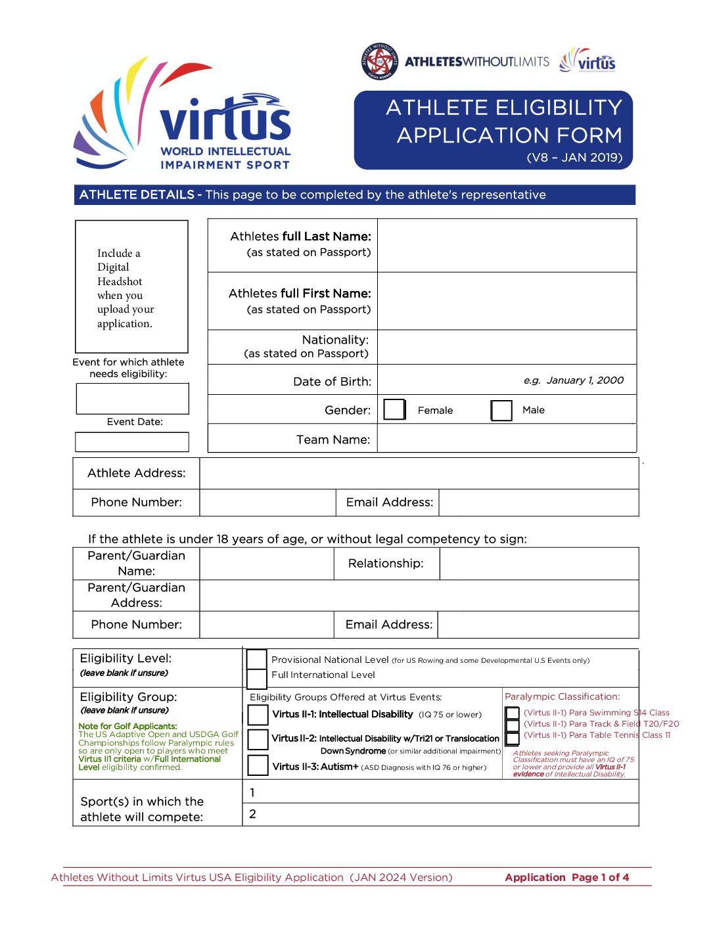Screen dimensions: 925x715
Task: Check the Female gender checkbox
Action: click(x=394, y=409)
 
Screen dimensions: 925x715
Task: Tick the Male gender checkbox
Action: click(x=501, y=410)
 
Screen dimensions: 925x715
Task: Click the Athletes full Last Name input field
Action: click(x=507, y=245)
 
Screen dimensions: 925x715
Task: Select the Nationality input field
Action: click(x=507, y=347)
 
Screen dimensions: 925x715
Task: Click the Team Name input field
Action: click(x=507, y=439)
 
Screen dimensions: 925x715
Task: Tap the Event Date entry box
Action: click(x=132, y=441)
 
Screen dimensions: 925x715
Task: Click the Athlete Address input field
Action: click(x=419, y=473)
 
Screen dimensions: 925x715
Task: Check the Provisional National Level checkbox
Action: click(x=256, y=659)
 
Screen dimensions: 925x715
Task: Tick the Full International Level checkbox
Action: click(x=256, y=677)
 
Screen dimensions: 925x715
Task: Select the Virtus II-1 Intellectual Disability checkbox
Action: click(x=258, y=715)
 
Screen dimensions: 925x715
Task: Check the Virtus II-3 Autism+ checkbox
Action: click(x=258, y=765)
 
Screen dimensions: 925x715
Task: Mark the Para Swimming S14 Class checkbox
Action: click(x=513, y=713)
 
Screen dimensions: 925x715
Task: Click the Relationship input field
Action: click(x=539, y=564)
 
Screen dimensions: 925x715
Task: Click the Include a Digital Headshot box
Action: click(x=131, y=286)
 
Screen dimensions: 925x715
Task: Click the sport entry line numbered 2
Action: click(x=440, y=814)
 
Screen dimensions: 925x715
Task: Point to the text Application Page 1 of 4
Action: click(x=566, y=877)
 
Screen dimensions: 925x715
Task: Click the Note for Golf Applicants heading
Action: click(x=127, y=726)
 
